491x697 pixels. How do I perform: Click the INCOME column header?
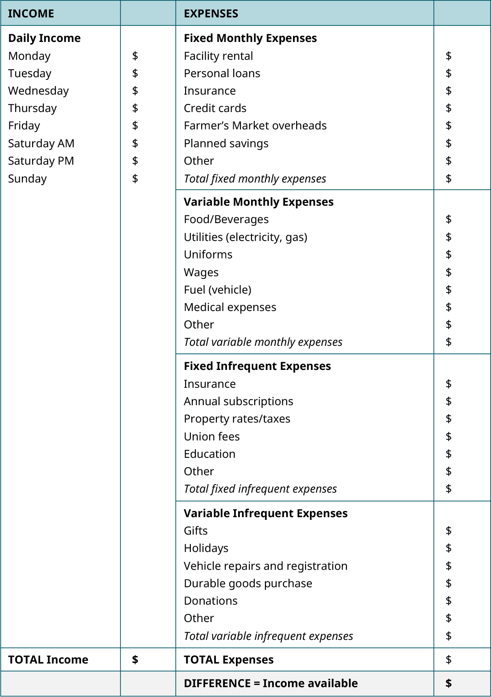31,13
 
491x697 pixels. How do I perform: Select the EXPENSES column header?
211,13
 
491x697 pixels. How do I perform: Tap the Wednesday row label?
38,91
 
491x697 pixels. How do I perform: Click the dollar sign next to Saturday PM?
135,161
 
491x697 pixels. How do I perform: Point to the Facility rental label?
218,56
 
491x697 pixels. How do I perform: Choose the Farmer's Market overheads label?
255,125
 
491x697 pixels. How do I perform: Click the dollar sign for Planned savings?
449,143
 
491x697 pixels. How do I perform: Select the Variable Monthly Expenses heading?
259,202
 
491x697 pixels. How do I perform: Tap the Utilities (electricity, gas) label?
245,237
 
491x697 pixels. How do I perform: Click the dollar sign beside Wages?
449,272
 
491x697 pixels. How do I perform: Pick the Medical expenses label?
230,307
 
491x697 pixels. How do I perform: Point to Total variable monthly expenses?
263,342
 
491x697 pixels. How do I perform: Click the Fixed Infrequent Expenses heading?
257,366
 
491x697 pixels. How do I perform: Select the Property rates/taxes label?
237,419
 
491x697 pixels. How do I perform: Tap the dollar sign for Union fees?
449,436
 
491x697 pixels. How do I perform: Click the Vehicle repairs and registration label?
265,566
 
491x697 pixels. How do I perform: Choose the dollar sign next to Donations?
449,601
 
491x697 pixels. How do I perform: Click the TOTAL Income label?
48,660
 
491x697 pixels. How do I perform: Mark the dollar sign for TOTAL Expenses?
449,660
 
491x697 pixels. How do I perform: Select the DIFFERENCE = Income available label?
271,683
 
